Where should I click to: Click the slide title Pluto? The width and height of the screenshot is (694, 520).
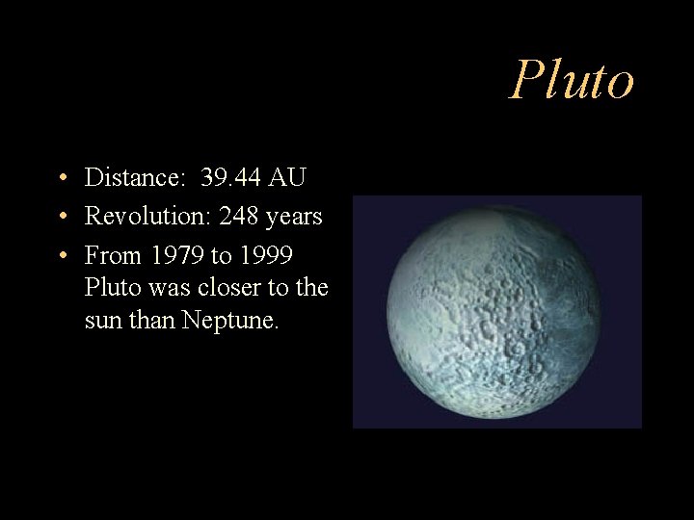[x=572, y=80]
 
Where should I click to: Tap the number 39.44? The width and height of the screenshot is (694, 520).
[x=230, y=178]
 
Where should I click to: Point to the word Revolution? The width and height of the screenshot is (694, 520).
[x=148, y=217]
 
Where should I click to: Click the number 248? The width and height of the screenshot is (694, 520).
[x=238, y=217]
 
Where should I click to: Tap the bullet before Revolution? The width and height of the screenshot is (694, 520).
[x=61, y=218]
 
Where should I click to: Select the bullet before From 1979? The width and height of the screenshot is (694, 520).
[x=61, y=257]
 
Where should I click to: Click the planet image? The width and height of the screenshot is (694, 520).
[x=496, y=311]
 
